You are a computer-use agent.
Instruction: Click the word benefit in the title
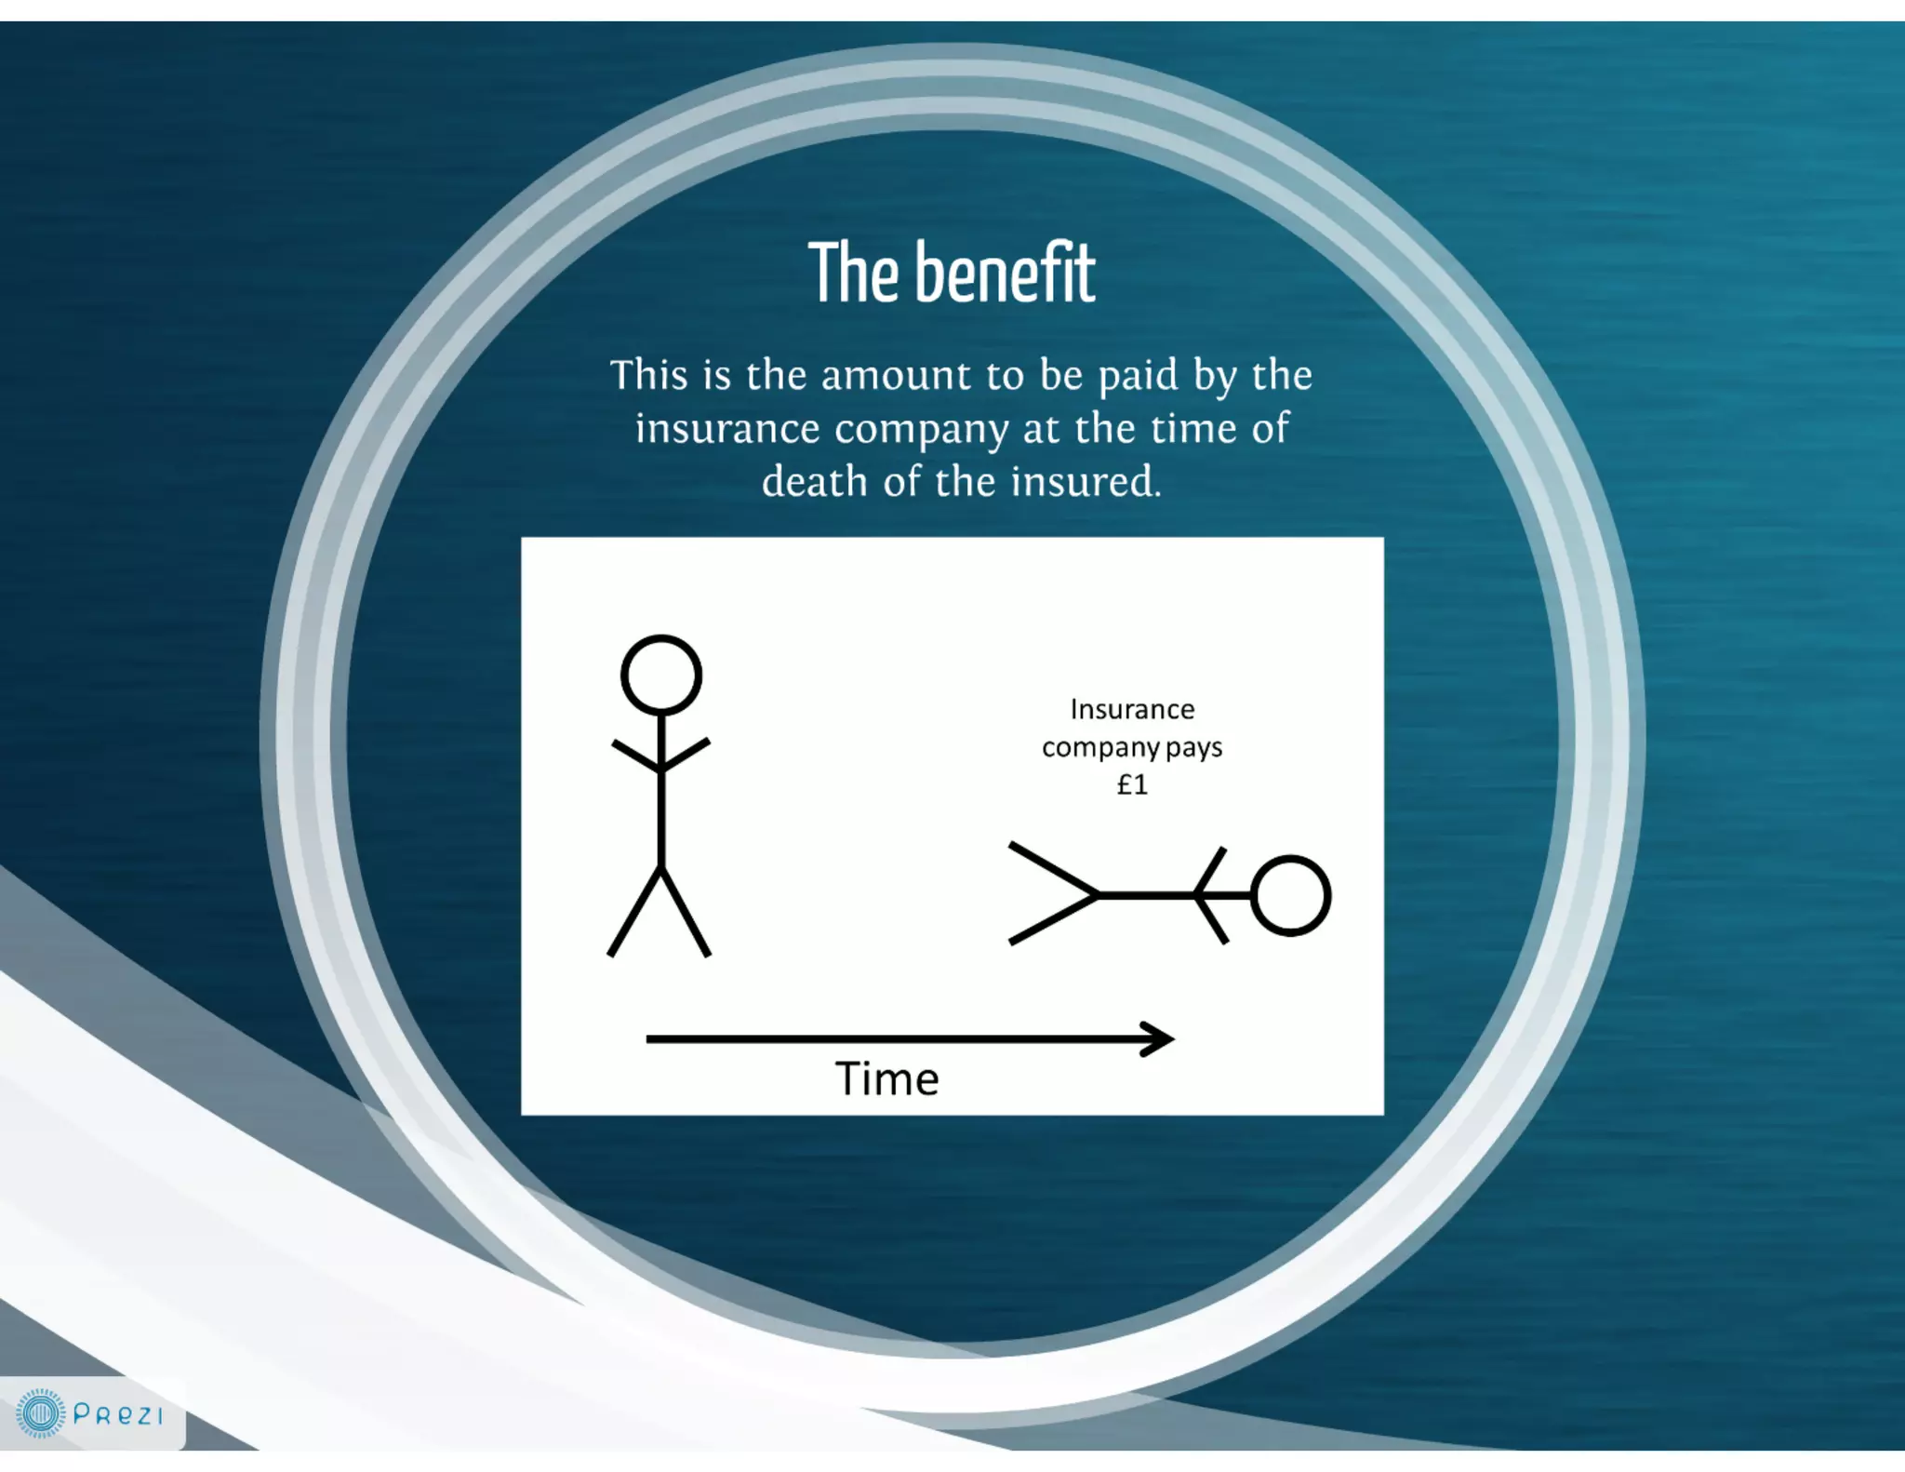pyautogui.click(x=1005, y=274)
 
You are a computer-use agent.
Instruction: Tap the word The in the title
pyautogui.click(x=854, y=274)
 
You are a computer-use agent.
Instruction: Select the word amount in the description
pyautogui.click(x=896, y=376)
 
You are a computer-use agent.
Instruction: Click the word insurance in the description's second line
pyautogui.click(x=727, y=429)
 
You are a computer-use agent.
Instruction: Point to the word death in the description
pyautogui.click(x=814, y=482)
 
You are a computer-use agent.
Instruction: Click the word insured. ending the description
pyautogui.click(x=1086, y=482)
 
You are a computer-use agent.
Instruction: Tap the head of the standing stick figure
pyautogui.click(x=661, y=676)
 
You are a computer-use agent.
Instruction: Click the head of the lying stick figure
pyautogui.click(x=1291, y=895)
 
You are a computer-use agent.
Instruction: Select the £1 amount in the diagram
pyautogui.click(x=1132, y=785)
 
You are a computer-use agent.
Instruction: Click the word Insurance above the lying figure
pyautogui.click(x=1132, y=710)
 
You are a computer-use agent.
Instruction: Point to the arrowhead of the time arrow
pyautogui.click(x=1161, y=1039)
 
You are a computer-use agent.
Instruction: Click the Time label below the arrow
pyautogui.click(x=886, y=1079)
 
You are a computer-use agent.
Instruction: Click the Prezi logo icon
pyautogui.click(x=41, y=1414)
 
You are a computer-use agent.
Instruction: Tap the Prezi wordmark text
pyautogui.click(x=118, y=1415)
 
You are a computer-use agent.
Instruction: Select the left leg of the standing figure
pyautogui.click(x=634, y=912)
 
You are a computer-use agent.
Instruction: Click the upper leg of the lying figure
pyautogui.click(x=1053, y=869)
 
